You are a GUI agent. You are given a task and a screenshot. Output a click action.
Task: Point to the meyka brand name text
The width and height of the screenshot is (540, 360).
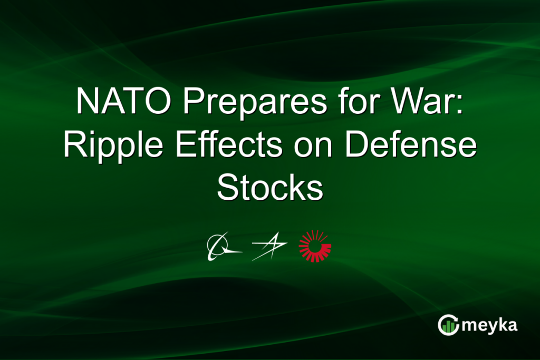[x=489, y=326]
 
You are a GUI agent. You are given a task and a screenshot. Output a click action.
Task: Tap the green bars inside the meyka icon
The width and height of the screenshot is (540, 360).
[x=448, y=327]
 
